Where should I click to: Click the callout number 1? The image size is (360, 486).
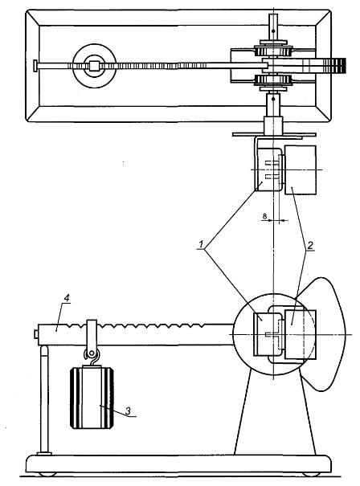tap(201, 244)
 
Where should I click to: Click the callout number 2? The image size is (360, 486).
tap(309, 245)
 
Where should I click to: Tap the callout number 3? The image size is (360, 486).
tap(128, 410)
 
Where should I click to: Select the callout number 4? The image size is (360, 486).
tap(67, 297)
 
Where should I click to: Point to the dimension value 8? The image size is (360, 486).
tap(264, 216)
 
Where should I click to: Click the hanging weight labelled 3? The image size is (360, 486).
tap(92, 398)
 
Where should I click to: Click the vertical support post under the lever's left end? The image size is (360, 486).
tap(45, 401)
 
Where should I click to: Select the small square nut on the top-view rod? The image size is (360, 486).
tap(94, 66)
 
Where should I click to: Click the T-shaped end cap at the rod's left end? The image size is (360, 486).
tap(35, 66)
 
